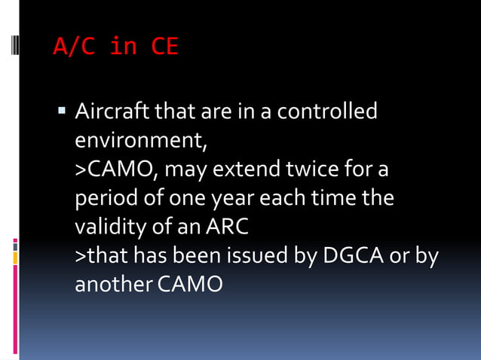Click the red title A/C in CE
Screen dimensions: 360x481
click(x=115, y=47)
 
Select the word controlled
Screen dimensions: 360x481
click(x=326, y=112)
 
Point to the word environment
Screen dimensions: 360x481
click(x=139, y=141)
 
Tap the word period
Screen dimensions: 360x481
click(x=105, y=199)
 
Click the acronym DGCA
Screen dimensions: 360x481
click(x=353, y=256)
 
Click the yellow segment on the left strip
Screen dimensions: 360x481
click(x=15, y=258)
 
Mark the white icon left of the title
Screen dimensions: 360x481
click(x=15, y=47)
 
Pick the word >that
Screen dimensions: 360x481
click(x=102, y=256)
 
